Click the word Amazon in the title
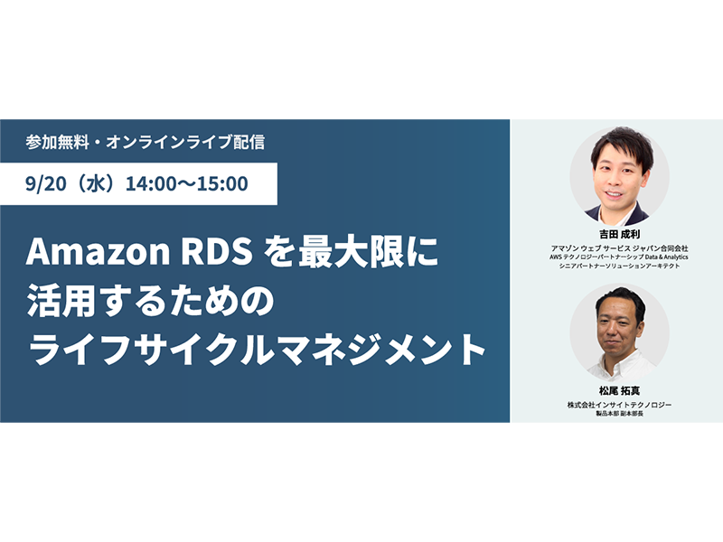(98, 252)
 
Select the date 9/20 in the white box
(47, 183)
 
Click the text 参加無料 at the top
(57, 142)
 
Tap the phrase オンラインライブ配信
(185, 142)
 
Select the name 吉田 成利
(619, 234)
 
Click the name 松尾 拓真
(619, 391)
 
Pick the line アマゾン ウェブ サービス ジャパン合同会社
(619, 248)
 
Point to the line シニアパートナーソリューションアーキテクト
(619, 266)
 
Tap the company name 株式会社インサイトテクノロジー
(619, 405)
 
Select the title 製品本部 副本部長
(619, 414)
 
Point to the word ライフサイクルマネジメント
(256, 350)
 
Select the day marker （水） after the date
(96, 183)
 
